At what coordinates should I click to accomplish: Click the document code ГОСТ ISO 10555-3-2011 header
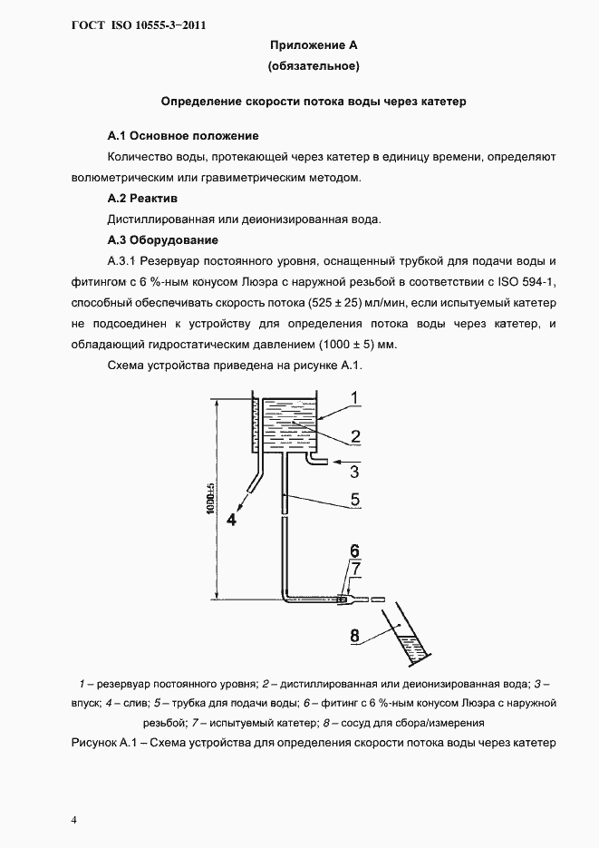coord(138,24)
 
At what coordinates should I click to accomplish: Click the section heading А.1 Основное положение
coord(183,136)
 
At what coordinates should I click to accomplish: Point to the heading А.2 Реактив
coord(142,198)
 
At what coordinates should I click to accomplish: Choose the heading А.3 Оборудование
coord(162,240)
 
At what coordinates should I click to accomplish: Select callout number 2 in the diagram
coord(356,436)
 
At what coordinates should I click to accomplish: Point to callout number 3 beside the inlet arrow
coord(355,472)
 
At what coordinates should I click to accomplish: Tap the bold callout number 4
coord(231,521)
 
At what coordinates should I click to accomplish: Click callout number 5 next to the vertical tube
coord(355,499)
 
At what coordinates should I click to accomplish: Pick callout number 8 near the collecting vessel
coord(355,636)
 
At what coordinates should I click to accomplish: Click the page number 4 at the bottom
coord(74,820)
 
